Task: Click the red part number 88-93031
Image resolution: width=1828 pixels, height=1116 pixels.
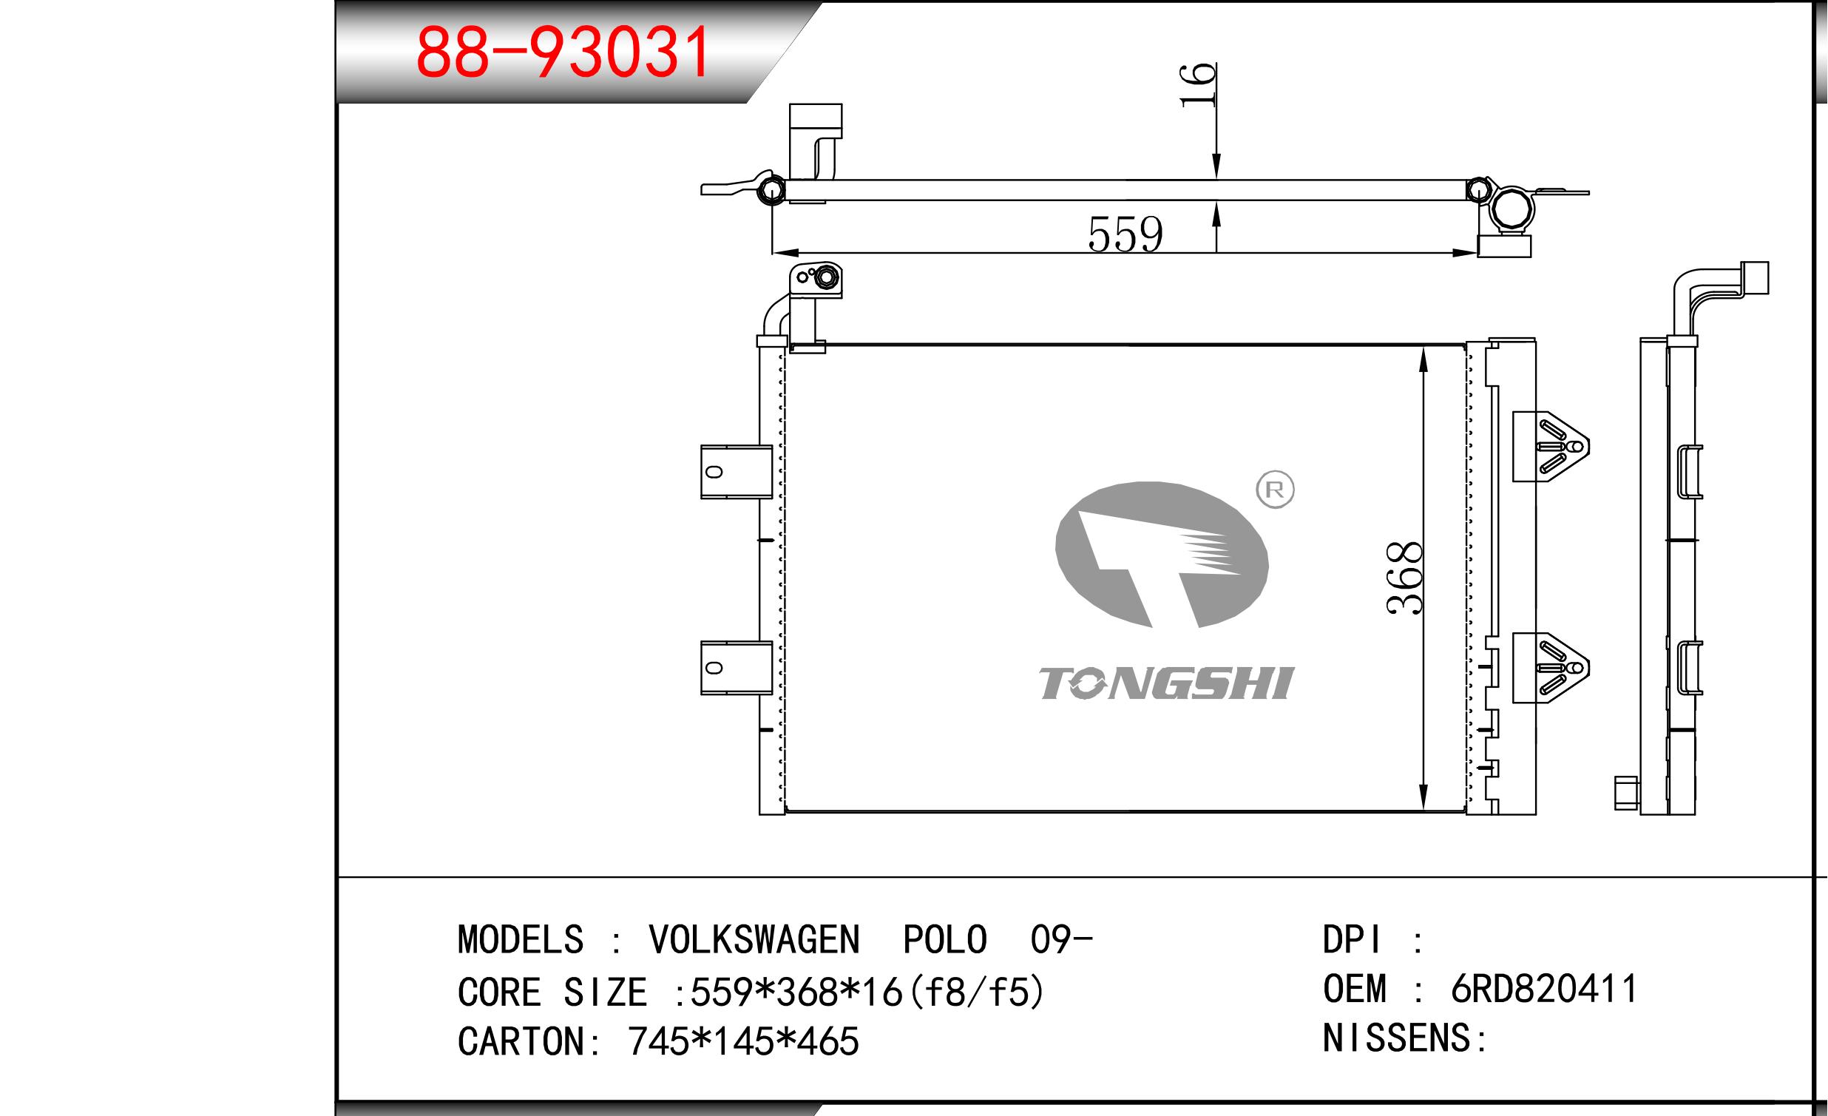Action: tap(563, 52)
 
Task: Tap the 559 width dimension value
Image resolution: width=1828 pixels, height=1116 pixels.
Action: tap(1125, 234)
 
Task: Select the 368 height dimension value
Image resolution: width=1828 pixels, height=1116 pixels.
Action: tap(1404, 578)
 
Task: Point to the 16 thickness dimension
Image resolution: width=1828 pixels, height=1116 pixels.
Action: tap(1197, 85)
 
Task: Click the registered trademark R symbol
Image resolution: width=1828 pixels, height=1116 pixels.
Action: tap(1275, 490)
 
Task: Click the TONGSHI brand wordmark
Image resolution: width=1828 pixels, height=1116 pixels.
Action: tap(1166, 683)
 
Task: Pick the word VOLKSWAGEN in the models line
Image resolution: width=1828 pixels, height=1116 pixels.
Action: tap(754, 939)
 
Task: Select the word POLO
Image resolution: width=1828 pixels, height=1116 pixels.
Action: tap(944, 939)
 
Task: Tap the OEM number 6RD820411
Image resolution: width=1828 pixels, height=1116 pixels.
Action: tap(1545, 989)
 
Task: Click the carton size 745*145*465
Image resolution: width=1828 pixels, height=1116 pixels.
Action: tap(743, 1042)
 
